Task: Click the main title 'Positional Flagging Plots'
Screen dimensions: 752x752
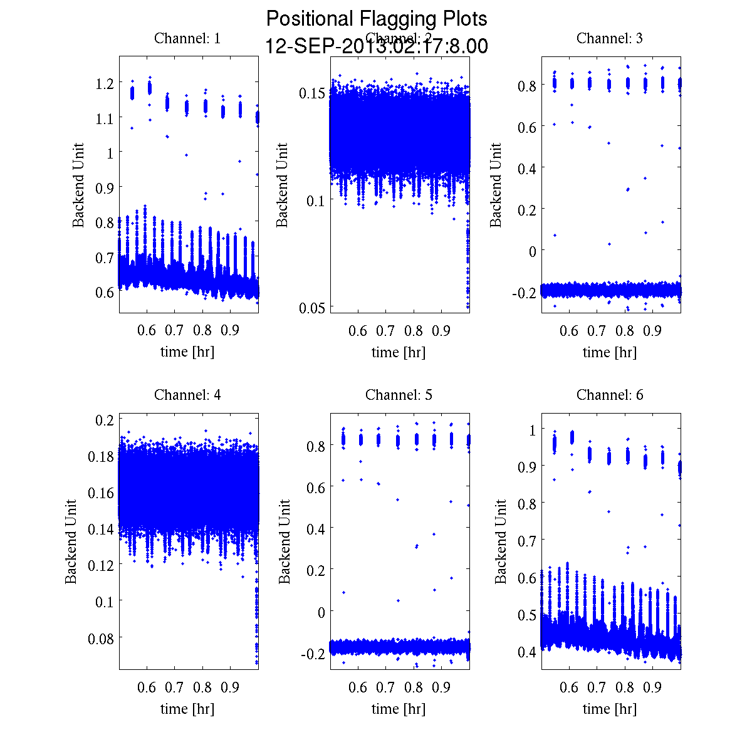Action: [377, 19]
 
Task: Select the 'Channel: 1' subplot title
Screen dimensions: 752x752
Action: [187, 38]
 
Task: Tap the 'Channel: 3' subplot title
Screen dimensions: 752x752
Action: [610, 38]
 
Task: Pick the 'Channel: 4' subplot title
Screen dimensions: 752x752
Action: [187, 395]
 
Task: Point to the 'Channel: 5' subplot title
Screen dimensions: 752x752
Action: [399, 395]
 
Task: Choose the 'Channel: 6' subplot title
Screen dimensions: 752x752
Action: [610, 395]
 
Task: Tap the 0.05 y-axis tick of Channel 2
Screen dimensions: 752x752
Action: [311, 307]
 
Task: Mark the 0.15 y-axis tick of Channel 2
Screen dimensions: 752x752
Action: [311, 93]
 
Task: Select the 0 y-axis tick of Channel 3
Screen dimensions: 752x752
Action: [532, 251]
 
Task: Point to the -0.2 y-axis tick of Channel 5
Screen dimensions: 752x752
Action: [311, 653]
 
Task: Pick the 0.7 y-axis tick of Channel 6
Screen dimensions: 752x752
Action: [526, 540]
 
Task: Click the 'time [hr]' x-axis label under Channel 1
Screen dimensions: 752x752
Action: [187, 352]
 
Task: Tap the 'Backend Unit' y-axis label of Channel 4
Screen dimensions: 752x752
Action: [71, 541]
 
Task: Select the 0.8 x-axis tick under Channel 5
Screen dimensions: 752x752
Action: [414, 687]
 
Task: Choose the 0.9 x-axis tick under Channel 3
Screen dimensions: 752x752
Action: [652, 331]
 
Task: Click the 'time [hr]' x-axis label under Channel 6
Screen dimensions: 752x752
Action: [610, 709]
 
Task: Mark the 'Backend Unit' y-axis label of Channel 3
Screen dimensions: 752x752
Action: [496, 185]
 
